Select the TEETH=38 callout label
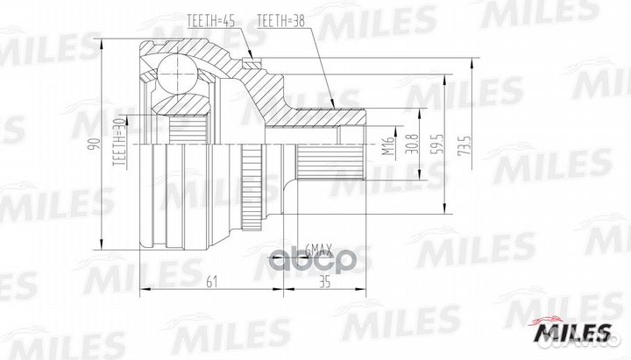(280, 19)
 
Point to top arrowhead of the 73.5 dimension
(471, 59)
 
